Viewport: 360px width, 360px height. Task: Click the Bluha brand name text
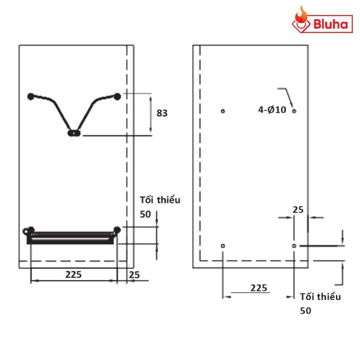(x=331, y=24)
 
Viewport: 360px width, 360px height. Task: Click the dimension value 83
(x=162, y=113)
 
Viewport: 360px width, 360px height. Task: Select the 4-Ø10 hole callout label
(x=272, y=110)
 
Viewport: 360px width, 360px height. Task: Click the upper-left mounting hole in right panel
(x=223, y=111)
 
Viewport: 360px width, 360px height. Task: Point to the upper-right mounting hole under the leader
(x=294, y=111)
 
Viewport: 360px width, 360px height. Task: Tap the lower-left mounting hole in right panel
(x=223, y=246)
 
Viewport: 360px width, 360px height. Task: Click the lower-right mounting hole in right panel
(x=294, y=246)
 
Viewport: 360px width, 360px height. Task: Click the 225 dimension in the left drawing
(x=73, y=274)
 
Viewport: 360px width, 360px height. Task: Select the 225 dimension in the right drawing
(x=259, y=288)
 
